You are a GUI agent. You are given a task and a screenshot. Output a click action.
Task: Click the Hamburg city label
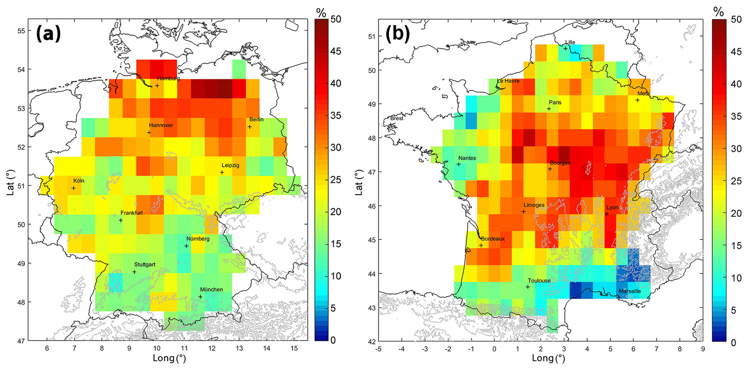pos(168,78)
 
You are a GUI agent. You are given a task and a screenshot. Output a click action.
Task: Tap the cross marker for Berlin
pos(249,127)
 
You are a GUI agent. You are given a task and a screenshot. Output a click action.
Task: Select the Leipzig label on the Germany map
pos(230,165)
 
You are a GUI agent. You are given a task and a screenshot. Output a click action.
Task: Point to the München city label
pos(211,289)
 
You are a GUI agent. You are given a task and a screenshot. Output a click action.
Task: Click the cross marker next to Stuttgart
pos(134,272)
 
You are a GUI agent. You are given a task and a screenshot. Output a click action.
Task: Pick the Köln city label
pos(79,181)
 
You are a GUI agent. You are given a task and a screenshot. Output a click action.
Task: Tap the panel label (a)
pos(48,34)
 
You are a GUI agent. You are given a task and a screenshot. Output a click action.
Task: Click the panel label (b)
pos(398,34)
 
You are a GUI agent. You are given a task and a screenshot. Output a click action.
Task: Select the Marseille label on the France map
pos(630,291)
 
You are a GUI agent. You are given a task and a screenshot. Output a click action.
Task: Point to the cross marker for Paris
pos(549,109)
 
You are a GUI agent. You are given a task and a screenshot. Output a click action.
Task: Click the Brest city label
pos(397,118)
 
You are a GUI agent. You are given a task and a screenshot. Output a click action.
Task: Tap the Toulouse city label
pos(539,280)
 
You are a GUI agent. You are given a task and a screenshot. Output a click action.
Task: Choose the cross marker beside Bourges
pos(550,169)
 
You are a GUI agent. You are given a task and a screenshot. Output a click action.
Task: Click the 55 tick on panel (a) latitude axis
pos(21,31)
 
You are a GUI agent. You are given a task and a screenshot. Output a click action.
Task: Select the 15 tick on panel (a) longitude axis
pos(294,348)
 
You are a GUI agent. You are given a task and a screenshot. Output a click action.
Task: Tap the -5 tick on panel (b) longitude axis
pos(378,349)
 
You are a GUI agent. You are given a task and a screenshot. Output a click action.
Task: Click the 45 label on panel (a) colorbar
pos(335,51)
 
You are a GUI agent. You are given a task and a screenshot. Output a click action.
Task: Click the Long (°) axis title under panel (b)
pos(548,358)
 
